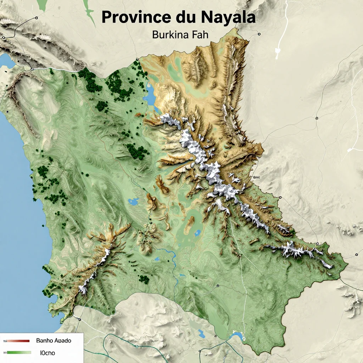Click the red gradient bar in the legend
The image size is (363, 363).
[18, 341]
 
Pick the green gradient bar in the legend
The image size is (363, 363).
[18, 353]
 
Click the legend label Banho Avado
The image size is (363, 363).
[54, 341]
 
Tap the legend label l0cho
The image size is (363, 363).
[48, 353]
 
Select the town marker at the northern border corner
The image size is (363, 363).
[137, 59]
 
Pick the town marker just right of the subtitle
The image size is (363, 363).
[259, 34]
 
